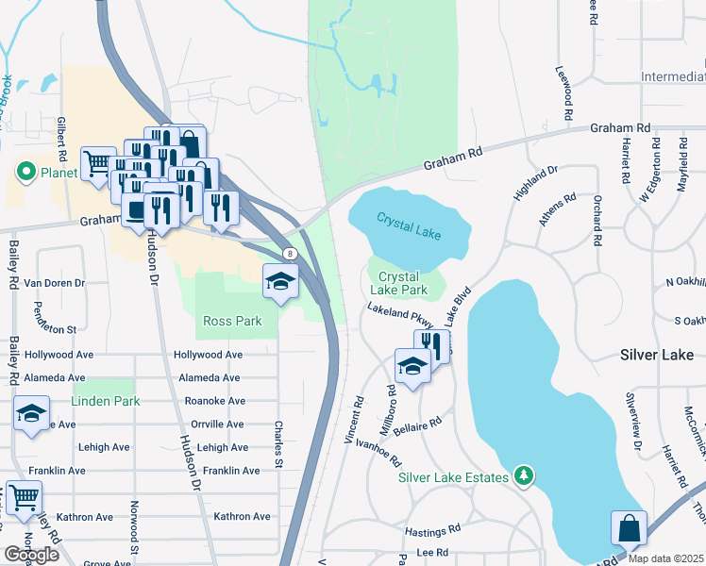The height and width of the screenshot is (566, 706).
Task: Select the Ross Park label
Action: click(x=232, y=321)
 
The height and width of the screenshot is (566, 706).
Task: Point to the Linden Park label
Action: click(x=106, y=401)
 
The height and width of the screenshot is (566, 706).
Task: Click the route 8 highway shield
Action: click(x=291, y=254)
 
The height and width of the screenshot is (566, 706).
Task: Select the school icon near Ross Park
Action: click(x=280, y=281)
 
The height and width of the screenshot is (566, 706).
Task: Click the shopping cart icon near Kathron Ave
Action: click(x=24, y=496)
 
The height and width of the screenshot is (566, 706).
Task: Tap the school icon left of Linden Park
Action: click(x=31, y=413)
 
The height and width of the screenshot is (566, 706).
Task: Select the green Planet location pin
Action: click(x=25, y=172)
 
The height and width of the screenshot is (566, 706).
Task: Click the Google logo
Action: click(x=31, y=554)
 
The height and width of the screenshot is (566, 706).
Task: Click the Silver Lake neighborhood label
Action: click(x=656, y=356)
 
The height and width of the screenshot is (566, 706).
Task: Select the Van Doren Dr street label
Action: click(x=54, y=283)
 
